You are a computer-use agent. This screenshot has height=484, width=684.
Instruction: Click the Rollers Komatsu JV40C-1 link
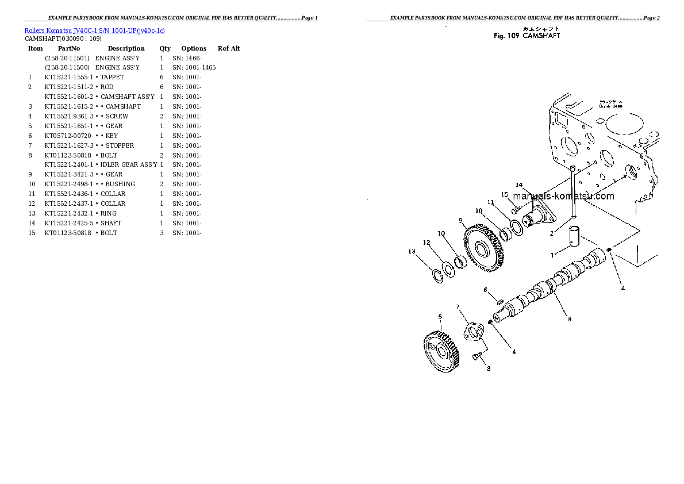[x=95, y=30]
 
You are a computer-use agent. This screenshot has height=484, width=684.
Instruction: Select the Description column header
[x=126, y=48]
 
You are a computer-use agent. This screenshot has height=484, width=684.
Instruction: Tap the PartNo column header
[x=69, y=48]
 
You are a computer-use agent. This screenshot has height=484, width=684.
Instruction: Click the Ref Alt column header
[x=228, y=48]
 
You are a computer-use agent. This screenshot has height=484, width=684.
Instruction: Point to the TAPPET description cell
[x=112, y=77]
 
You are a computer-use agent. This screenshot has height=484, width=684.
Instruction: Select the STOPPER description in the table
[x=120, y=145]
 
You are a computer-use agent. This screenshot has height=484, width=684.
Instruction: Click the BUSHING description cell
[x=120, y=184]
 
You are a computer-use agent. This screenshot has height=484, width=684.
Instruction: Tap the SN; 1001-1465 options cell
[x=194, y=67]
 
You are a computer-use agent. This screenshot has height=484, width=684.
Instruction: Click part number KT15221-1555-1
[x=68, y=77]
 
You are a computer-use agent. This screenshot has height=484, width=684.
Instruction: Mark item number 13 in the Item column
[x=32, y=213]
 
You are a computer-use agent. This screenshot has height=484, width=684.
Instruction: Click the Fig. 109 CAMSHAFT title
[x=527, y=36]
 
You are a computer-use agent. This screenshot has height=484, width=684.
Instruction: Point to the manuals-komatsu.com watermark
[x=569, y=196]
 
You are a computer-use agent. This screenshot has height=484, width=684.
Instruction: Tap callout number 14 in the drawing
[x=518, y=185]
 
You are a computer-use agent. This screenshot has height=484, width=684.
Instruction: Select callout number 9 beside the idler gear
[x=461, y=220]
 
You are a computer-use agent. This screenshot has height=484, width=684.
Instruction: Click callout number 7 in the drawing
[x=458, y=308]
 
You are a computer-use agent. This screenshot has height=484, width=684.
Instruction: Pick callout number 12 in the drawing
[x=426, y=243]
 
